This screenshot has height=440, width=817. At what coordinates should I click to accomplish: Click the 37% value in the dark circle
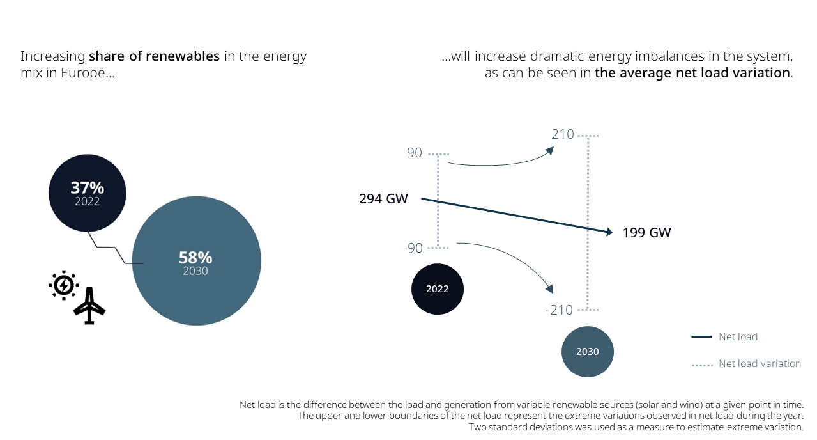pos(87,188)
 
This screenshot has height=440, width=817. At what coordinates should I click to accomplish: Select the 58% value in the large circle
pos(195,258)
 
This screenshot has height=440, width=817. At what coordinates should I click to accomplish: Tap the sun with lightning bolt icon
pos(64,285)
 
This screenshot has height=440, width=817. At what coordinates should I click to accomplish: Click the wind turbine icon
pos(89,306)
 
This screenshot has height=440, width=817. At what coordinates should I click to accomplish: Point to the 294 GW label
pos(383,199)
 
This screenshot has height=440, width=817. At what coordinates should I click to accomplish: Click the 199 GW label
pos(646,233)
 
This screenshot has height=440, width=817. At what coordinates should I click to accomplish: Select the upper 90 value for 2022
pos(414,153)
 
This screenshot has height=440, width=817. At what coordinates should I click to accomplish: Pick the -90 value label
pos(413,248)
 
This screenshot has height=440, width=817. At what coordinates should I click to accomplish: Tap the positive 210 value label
pos(563,135)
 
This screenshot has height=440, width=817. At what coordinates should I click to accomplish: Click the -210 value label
pos(559,310)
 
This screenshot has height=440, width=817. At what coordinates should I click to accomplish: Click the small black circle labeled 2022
pos(438,289)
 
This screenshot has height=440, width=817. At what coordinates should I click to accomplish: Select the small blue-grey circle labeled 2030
pos(588,352)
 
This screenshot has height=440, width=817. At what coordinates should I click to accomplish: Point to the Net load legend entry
pos(738,336)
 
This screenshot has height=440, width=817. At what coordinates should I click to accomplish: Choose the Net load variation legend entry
pos(760,364)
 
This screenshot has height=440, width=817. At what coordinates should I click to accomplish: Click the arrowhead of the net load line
pos(607,232)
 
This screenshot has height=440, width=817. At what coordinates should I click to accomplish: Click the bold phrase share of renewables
pos(154,56)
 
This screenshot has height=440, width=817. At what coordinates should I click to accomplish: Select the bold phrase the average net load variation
pos(692,73)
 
